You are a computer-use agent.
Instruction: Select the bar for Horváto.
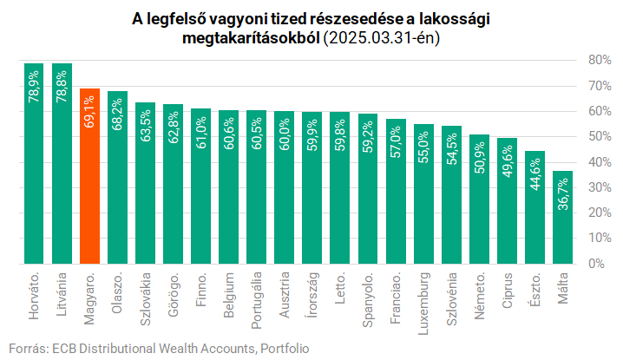coord(35,164)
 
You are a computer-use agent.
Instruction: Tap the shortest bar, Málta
coord(563,217)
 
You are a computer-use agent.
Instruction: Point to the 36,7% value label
coord(563,193)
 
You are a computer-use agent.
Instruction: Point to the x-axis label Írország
coord(312,296)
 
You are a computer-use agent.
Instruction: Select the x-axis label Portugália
coord(257,299)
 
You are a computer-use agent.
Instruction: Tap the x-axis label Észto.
coord(535,290)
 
